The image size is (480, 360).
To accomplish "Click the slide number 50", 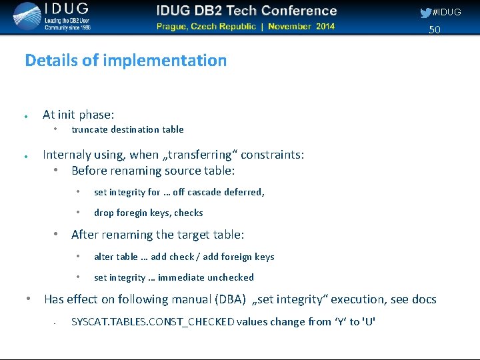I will pyautogui.click(x=435, y=30).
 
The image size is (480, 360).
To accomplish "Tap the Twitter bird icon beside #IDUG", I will pyautogui.click(x=425, y=13).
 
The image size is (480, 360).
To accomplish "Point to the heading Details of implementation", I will pyautogui.click(x=125, y=60).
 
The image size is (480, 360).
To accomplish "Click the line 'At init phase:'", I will pyautogui.click(x=78, y=115).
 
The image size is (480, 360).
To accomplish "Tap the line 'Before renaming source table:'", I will pyautogui.click(x=153, y=171).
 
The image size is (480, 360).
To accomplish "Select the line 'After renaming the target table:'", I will pyautogui.click(x=157, y=235).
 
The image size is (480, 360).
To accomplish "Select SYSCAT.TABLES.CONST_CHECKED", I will pyautogui.click(x=153, y=322).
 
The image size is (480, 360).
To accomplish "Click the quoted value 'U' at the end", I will pyautogui.click(x=368, y=322).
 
